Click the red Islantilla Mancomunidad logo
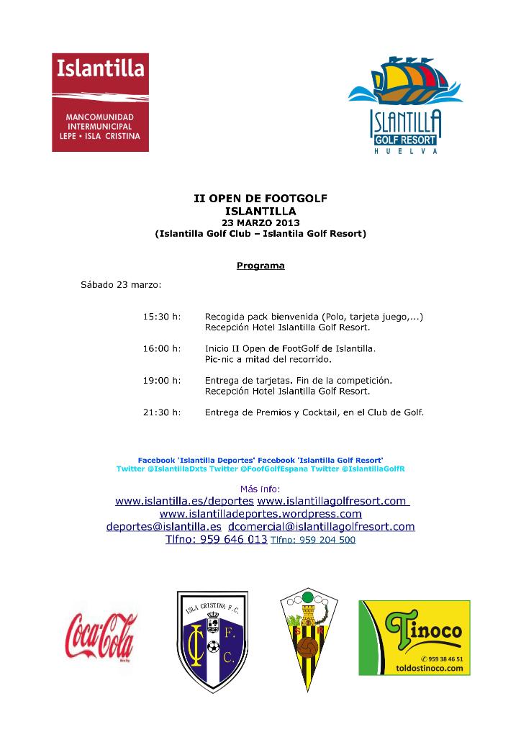point(100,102)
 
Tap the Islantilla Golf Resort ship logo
point(405,104)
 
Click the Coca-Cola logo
point(101,636)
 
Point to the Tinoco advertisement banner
point(414,638)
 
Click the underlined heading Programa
point(260,266)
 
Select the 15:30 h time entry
point(162,316)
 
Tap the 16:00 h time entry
point(162,348)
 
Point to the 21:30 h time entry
point(162,412)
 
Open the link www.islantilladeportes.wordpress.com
point(260,514)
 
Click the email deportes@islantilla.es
point(164,527)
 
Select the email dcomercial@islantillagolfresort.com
point(321,527)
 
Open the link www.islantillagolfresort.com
point(332,501)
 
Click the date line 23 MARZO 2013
point(260,223)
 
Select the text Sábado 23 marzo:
point(121,284)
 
